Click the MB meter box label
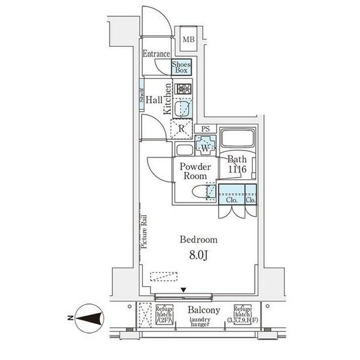188,40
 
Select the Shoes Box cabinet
181,67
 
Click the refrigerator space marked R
181,128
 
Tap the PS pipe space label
205,128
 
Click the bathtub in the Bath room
238,141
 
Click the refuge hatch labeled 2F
165,314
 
